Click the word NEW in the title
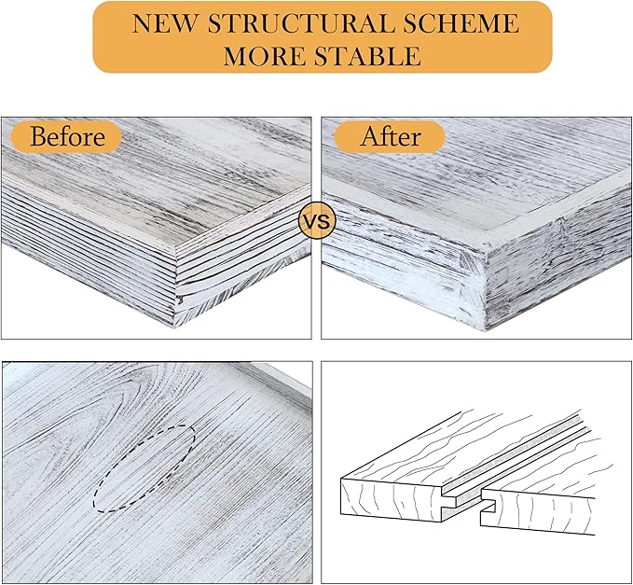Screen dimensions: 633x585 (165, 23)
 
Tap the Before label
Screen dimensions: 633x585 (67, 136)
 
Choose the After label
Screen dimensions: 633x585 (391, 136)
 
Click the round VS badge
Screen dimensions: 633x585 (317, 221)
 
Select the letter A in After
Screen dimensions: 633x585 (369, 136)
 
